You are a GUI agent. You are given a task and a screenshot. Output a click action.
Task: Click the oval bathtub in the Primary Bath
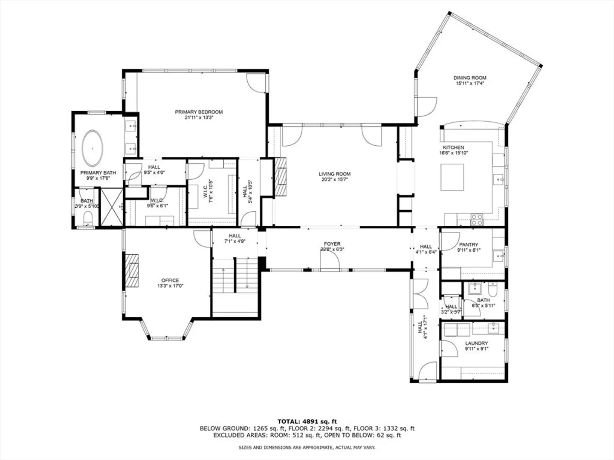coord(92,148)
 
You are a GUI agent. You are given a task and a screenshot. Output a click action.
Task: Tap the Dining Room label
coord(470,78)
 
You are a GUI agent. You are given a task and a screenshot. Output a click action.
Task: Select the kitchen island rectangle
coord(452,177)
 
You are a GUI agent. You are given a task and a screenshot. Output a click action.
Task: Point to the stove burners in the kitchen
coord(477,219)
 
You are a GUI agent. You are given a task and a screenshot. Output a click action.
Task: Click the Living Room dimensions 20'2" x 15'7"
coord(335,180)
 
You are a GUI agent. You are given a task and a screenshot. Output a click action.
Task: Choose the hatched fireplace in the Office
coord(132,270)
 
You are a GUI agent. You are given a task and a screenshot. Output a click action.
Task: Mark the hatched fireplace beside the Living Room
coord(280,177)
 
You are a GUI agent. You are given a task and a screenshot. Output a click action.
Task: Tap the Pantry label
coord(469,244)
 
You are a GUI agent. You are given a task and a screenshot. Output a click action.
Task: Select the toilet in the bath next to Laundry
coord(492,290)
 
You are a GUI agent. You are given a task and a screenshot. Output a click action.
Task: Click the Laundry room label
coord(477,343)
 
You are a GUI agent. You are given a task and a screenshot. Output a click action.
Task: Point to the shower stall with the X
coord(112,207)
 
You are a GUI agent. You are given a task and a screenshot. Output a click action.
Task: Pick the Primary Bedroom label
coord(199,112)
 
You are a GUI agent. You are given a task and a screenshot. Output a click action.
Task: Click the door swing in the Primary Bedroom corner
coord(256,83)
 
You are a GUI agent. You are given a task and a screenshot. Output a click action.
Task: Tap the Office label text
coord(170,280)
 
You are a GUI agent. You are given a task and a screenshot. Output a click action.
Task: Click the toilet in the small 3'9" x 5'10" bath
coord(88,218)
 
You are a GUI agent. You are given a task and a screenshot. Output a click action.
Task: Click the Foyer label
coord(332,244)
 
